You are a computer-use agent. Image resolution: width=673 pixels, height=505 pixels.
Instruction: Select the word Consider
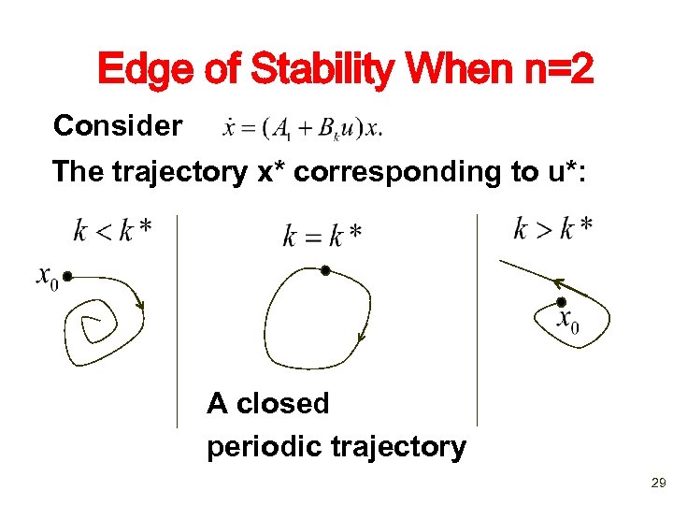tap(118, 125)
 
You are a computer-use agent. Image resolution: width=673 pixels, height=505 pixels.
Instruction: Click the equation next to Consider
tap(302, 127)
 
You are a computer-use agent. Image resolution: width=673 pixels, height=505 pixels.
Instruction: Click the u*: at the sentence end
tap(559, 172)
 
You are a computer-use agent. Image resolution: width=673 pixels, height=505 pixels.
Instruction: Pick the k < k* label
tap(112, 230)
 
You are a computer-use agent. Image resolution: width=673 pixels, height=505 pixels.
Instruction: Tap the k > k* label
tap(552, 228)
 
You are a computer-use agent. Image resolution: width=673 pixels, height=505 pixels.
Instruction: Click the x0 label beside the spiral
tap(47, 277)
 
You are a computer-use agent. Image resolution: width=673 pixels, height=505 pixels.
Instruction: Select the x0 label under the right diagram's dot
tap(567, 321)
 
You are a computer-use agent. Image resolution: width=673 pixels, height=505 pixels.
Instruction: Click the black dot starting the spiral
tap(67, 277)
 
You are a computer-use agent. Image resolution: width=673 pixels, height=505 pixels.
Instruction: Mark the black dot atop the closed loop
tap(325, 270)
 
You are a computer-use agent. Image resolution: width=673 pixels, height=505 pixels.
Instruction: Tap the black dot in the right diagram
tap(561, 301)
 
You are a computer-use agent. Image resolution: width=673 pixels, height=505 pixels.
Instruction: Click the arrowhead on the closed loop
tap(361, 338)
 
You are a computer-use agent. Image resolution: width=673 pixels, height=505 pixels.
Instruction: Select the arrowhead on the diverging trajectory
tap(557, 282)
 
